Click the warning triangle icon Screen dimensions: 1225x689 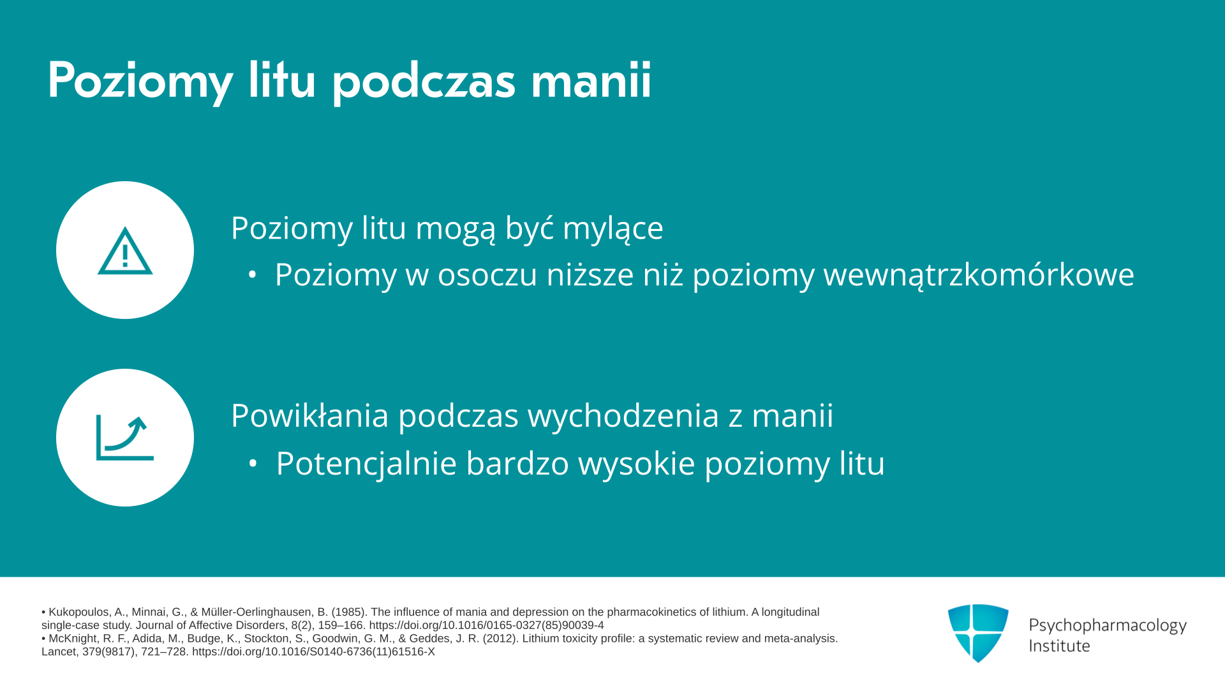(125, 251)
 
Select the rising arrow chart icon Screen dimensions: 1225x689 (125, 438)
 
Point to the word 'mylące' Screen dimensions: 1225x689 (612, 229)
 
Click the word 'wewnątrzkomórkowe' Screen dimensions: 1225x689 (979, 275)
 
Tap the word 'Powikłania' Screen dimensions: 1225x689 (309, 415)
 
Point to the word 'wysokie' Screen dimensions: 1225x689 (636, 463)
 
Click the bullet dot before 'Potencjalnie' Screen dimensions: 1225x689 (253, 464)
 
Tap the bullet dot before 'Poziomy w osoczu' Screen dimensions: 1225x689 (253, 276)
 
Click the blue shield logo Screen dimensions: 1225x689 (978, 633)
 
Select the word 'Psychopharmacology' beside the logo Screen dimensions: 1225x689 (1108, 626)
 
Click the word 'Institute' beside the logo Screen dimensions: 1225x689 (1059, 646)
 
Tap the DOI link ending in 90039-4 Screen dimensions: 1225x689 (486, 626)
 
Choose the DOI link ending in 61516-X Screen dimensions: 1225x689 (313, 652)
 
